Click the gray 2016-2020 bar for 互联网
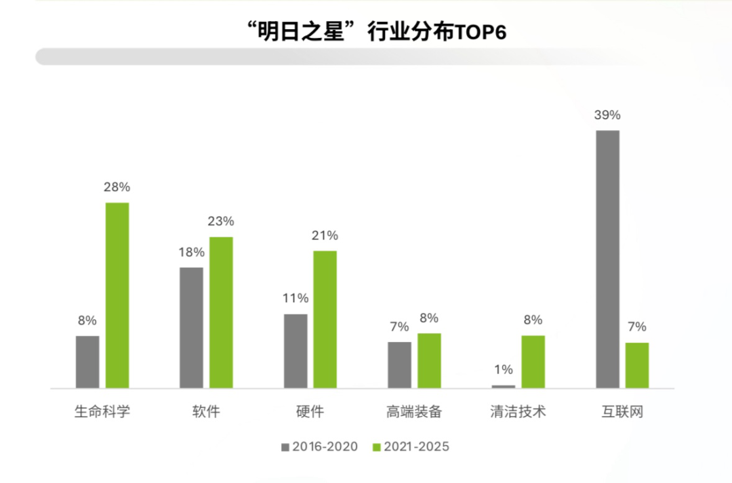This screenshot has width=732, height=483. point(607,259)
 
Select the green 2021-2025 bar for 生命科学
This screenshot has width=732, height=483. point(117,295)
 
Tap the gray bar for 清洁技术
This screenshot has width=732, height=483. point(503,386)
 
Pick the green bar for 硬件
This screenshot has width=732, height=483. point(325,320)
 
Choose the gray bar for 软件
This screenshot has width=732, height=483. point(191,328)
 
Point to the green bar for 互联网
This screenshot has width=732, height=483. point(637,365)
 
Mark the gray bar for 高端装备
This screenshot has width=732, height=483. point(399,365)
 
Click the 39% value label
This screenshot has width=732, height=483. point(607,115)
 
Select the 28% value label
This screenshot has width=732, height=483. point(117,188)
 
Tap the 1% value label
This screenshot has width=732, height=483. point(503,370)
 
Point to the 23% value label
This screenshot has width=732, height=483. point(221,222)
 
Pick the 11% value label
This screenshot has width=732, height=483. point(296,299)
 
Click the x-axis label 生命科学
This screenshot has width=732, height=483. point(102,411)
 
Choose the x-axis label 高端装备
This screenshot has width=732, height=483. point(413,411)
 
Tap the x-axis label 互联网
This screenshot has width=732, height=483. point(622,411)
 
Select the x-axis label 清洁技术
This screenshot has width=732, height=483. point(518,411)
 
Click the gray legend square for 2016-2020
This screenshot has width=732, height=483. point(285,447)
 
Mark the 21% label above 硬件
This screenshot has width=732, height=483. point(325,236)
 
